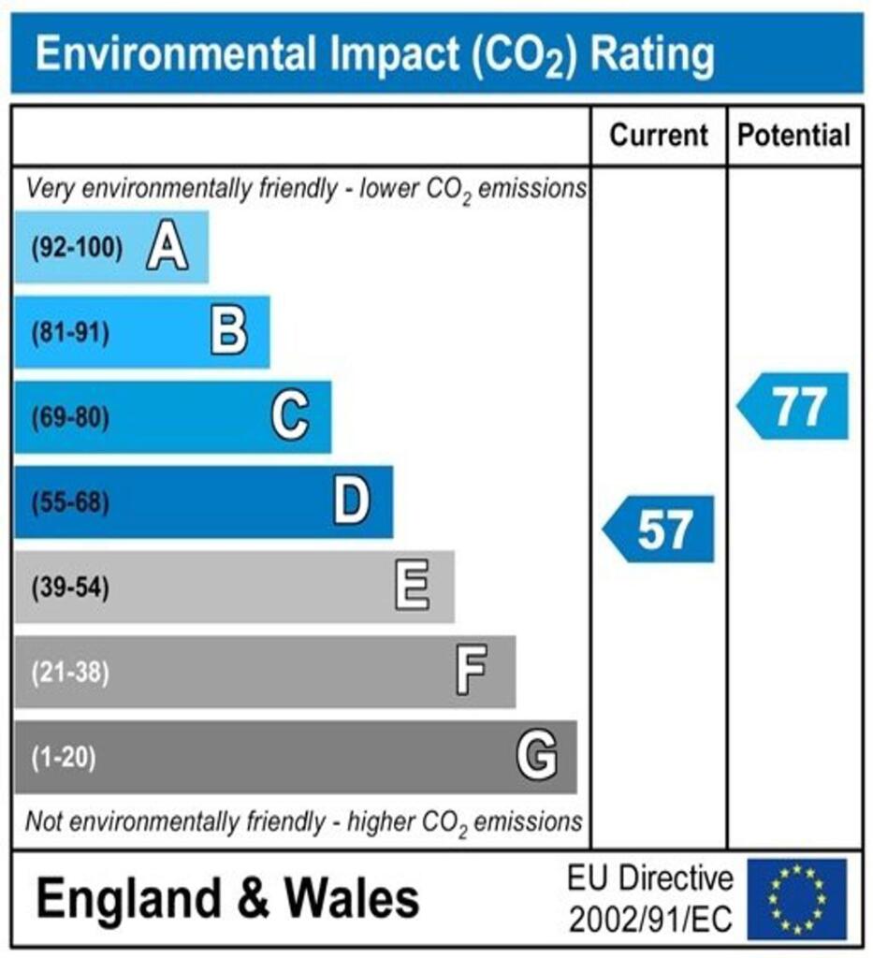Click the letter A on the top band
click(x=167, y=249)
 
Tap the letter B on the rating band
click(x=228, y=332)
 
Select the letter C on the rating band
click(x=290, y=416)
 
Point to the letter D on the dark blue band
click(x=352, y=502)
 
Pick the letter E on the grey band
click(x=413, y=588)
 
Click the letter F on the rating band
click(x=472, y=672)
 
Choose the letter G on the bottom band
click(x=537, y=756)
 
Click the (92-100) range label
click(x=77, y=249)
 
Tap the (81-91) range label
click(x=70, y=333)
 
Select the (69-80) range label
click(x=70, y=417)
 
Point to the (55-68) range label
click(x=70, y=503)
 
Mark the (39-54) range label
click(x=70, y=588)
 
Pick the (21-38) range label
click(x=70, y=673)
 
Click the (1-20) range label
click(x=64, y=757)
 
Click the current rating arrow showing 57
click(x=660, y=530)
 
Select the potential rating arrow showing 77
click(x=794, y=406)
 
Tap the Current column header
click(x=659, y=136)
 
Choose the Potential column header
click(x=794, y=136)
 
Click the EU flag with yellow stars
click(x=796, y=899)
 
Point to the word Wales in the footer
click(x=352, y=899)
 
